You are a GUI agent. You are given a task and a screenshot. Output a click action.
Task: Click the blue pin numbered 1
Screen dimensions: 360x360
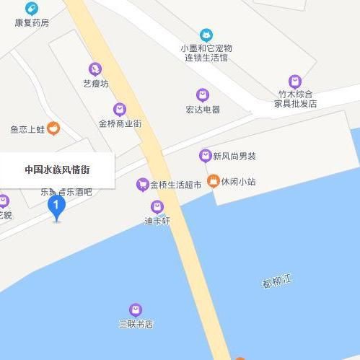click(x=56, y=207)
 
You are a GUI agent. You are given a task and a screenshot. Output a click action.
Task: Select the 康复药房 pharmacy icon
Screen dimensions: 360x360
click(x=31, y=9)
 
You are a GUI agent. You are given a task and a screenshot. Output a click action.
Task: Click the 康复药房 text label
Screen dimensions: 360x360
click(x=32, y=22)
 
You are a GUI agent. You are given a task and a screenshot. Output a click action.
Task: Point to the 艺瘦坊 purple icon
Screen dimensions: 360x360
click(x=95, y=69)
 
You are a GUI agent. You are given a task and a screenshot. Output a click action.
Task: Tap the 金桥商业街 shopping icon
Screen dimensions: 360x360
click(x=120, y=109)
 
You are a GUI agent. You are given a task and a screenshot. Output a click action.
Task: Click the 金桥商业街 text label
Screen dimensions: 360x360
click(x=120, y=123)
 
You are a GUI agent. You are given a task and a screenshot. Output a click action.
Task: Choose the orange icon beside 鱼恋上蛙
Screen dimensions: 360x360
click(x=54, y=128)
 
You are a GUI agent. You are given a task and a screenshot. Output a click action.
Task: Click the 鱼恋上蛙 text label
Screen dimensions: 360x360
click(x=27, y=129)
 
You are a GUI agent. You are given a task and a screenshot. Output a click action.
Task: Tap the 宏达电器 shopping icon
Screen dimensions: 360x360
click(x=203, y=95)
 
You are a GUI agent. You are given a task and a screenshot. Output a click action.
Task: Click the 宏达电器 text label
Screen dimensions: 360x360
click(x=203, y=110)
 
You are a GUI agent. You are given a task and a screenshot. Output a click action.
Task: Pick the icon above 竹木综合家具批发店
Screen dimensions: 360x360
click(x=294, y=81)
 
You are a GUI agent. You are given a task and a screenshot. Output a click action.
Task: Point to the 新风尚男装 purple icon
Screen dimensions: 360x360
click(x=205, y=155)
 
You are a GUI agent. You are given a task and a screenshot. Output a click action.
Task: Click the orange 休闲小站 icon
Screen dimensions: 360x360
click(x=213, y=180)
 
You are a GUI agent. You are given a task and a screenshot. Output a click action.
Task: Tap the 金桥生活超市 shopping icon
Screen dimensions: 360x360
click(x=142, y=185)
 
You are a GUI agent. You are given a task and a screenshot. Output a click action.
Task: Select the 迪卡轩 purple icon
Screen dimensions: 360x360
click(x=157, y=207)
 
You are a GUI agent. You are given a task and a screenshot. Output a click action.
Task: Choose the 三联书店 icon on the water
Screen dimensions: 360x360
click(x=136, y=310)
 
